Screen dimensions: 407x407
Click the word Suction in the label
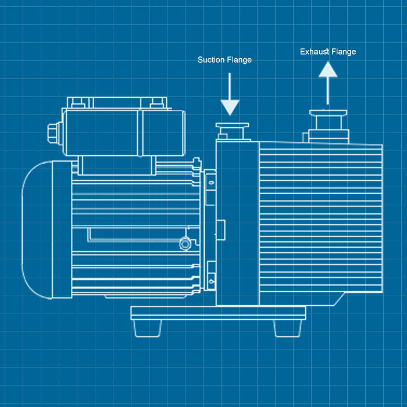pos(211,60)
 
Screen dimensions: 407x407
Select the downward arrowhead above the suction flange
pos(230,107)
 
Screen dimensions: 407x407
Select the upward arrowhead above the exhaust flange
pos(328,70)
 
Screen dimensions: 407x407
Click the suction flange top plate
pos(233,125)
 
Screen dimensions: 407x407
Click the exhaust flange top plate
pos(328,112)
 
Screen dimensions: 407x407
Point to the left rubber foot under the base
pos(147,329)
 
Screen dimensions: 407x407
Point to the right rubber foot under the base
pos(288,329)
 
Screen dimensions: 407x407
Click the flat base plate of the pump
pos(218,313)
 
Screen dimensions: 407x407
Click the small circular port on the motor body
pos(184,244)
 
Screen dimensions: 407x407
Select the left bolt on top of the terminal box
pos(78,102)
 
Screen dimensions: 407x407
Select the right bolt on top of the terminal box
pos(157,102)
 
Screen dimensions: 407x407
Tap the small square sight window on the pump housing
pos(221,230)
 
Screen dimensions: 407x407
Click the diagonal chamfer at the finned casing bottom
pos(339,299)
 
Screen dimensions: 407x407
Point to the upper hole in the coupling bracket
pos(212,183)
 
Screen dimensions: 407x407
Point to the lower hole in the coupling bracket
pos(212,281)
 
